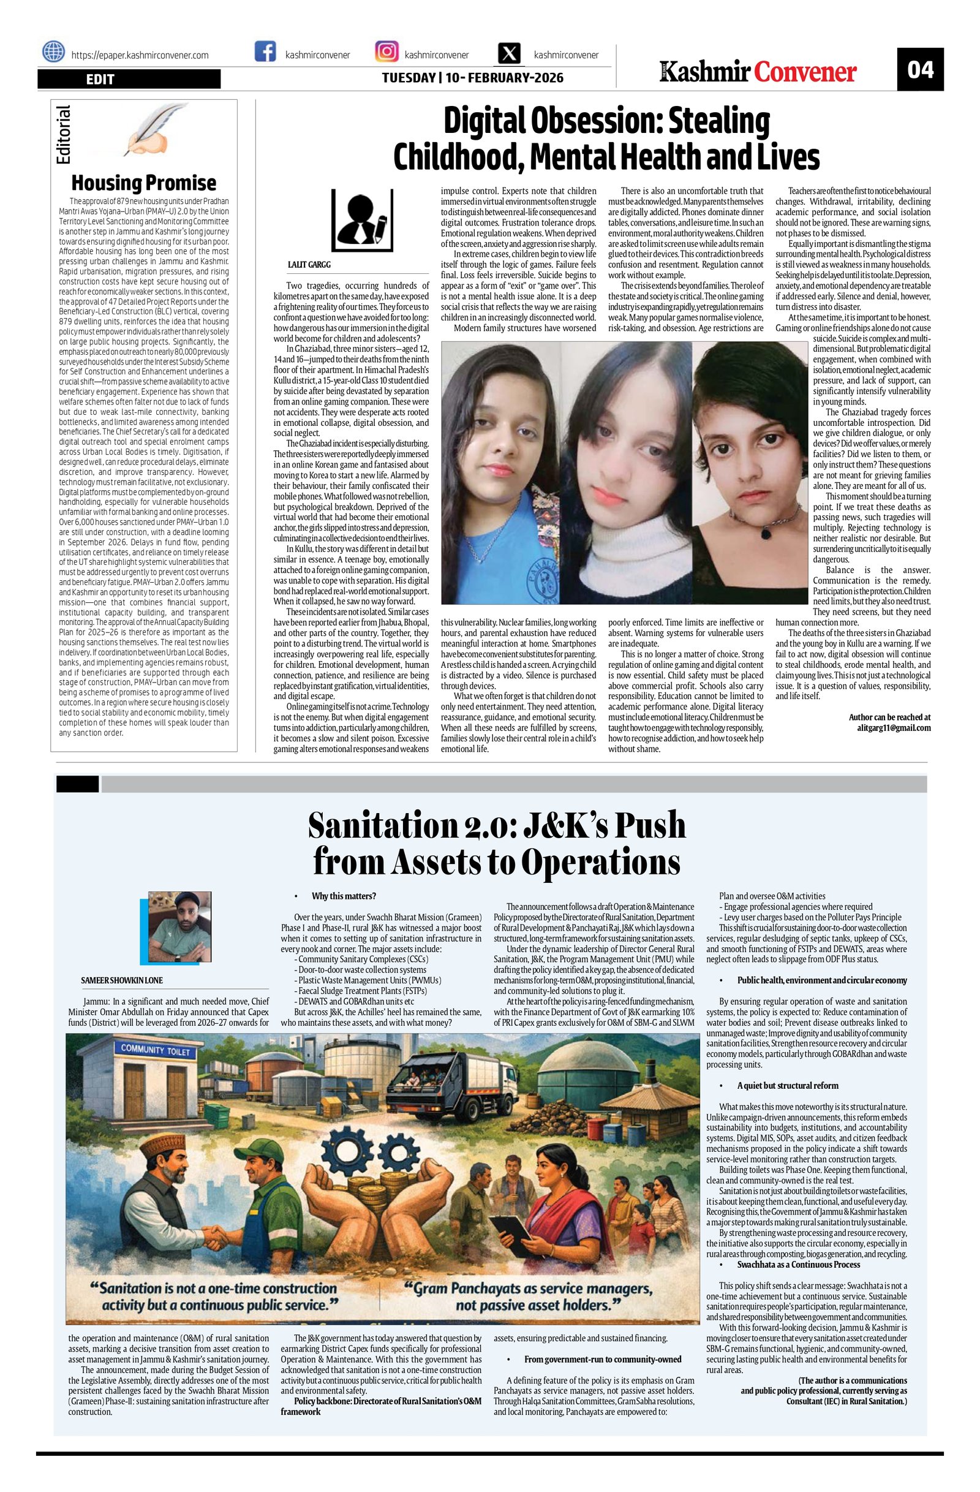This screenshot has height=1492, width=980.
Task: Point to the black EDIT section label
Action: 129,78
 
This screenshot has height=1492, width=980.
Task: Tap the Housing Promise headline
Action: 143,183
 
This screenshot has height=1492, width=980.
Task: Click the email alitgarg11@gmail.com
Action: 894,728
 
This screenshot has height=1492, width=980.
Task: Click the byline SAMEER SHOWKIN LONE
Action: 121,980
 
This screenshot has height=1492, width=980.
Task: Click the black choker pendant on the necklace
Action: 766,534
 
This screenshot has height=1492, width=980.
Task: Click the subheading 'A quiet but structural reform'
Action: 788,1085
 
